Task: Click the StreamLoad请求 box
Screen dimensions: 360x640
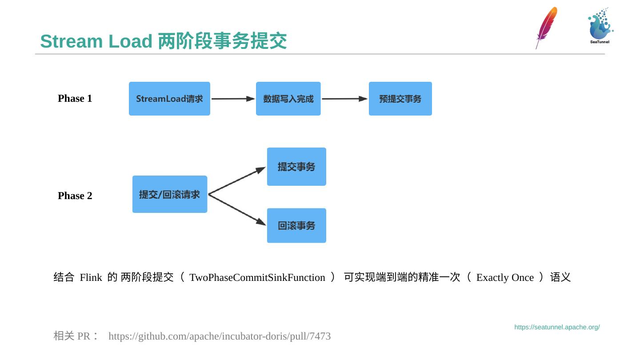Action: tap(169, 99)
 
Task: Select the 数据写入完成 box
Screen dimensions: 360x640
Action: tap(288, 99)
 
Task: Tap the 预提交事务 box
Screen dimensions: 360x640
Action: tap(400, 99)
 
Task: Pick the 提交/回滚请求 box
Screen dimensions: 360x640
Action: tap(170, 194)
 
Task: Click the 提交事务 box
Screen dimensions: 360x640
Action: tap(296, 167)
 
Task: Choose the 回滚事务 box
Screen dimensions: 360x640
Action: tap(296, 225)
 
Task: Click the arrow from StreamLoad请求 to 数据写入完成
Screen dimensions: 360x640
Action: tap(233, 99)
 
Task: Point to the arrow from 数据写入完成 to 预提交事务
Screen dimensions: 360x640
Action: tap(344, 99)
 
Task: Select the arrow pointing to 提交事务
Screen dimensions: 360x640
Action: tap(237, 180)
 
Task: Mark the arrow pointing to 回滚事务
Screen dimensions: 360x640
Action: tap(237, 209)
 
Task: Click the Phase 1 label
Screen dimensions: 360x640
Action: tap(75, 98)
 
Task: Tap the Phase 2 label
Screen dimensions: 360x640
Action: tap(75, 196)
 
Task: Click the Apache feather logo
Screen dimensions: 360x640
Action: tap(546, 28)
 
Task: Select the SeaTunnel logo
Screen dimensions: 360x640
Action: tap(600, 26)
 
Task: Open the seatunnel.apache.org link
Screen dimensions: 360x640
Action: tap(557, 327)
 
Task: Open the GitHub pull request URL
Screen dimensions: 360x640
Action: tap(220, 336)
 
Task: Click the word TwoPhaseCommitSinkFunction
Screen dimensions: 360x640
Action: tap(257, 277)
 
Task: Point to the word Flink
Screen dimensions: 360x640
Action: tap(91, 277)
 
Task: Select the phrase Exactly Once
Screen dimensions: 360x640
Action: tap(505, 277)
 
